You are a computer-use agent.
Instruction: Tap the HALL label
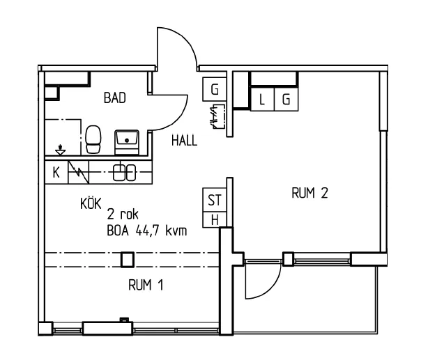[184, 140]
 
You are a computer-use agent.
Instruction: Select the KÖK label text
[91, 203]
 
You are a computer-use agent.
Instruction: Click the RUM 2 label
[309, 194]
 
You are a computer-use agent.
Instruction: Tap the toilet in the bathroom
[93, 139]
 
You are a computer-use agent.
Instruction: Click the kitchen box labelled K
[56, 173]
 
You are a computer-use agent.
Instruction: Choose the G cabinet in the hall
[215, 89]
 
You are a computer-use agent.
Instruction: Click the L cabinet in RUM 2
[262, 100]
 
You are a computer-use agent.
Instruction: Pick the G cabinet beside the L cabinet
[286, 100]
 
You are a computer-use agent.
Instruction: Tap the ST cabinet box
[215, 200]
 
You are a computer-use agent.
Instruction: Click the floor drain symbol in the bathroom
[61, 149]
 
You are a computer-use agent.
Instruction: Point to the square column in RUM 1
[127, 260]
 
